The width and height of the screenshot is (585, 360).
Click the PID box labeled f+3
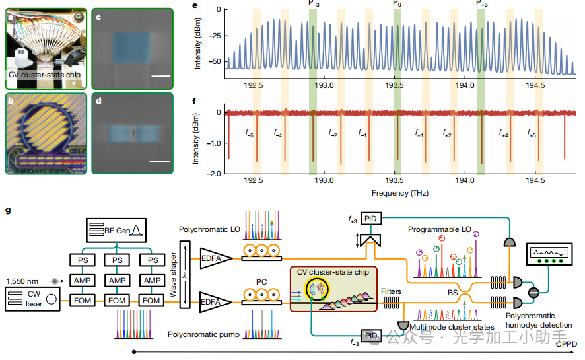[369, 217]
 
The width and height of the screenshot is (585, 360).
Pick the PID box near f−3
[369, 336]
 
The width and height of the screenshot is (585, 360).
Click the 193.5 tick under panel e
[395, 85]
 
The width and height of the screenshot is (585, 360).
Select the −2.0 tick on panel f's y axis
[213, 174]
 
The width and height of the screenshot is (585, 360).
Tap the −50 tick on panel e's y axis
[214, 61]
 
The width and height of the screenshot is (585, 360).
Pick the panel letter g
[8, 211]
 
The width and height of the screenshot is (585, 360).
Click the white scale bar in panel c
[160, 76]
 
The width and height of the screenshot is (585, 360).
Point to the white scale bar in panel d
[160, 161]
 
